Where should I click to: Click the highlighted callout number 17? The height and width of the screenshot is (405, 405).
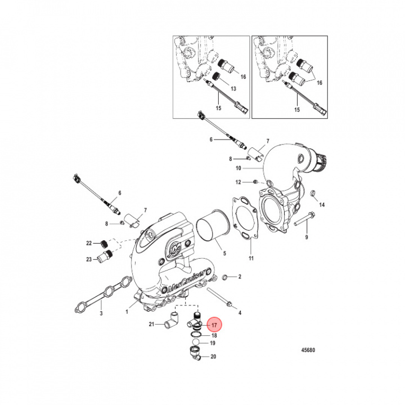[214, 325]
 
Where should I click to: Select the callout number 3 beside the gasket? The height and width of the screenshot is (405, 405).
[101, 313]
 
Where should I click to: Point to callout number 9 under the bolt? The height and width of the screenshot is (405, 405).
[307, 238]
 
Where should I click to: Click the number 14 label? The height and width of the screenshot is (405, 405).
[322, 204]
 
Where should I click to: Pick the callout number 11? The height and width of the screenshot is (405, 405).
[251, 258]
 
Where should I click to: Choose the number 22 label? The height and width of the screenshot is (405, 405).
[89, 244]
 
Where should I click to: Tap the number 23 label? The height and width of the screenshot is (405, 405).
[89, 259]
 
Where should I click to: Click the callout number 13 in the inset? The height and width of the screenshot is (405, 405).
[233, 88]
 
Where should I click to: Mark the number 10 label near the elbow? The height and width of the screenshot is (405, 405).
[238, 168]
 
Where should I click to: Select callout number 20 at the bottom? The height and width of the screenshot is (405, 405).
[213, 357]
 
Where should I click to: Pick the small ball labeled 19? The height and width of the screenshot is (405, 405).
[195, 343]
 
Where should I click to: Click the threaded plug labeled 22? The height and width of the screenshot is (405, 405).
[103, 243]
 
